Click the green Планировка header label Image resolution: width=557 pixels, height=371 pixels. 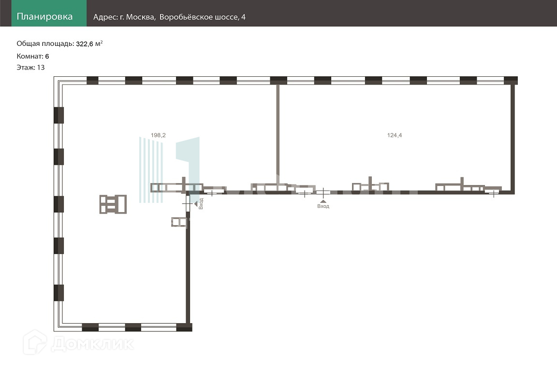[44, 17]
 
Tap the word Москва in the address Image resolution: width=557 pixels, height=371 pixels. [141, 17]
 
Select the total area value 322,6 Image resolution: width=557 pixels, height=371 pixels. [86, 44]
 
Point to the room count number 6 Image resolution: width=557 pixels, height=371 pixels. [47, 56]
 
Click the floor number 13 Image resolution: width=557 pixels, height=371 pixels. [41, 68]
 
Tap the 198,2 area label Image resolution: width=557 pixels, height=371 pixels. [158, 135]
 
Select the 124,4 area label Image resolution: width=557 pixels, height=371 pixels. [394, 135]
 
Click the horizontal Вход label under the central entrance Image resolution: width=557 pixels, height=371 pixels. [323, 206]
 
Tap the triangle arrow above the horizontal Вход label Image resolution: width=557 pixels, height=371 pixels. [323, 200]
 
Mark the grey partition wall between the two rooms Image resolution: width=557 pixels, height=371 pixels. [278, 130]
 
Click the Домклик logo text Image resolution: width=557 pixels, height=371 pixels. [92, 343]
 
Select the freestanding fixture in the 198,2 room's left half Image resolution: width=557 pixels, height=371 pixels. [113, 204]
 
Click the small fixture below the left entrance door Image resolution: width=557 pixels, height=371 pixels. [179, 222]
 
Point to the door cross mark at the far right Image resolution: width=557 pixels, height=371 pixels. [493, 194]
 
